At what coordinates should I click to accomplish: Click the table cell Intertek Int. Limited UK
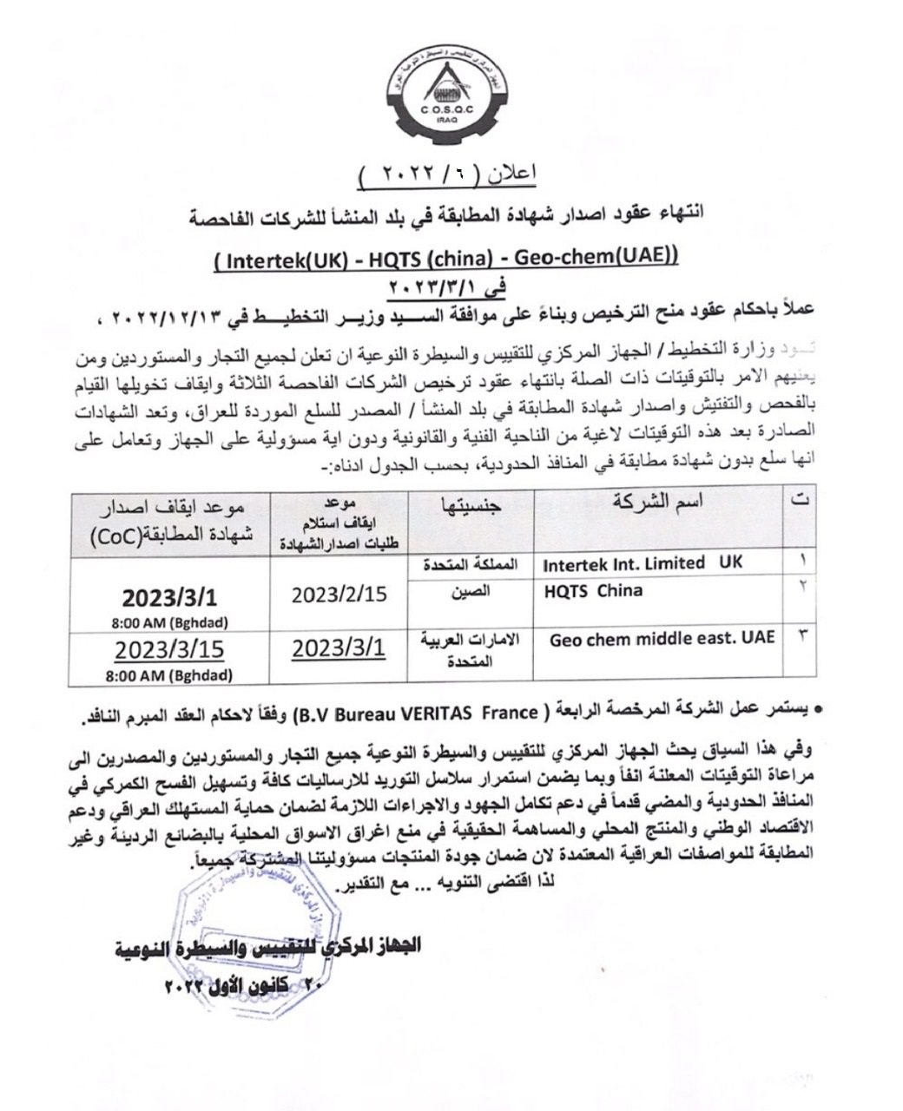click(643, 563)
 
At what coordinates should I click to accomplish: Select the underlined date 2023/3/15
click(169, 650)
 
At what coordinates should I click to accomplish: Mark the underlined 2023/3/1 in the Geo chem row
click(339, 648)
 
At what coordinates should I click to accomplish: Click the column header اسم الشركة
click(657, 502)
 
